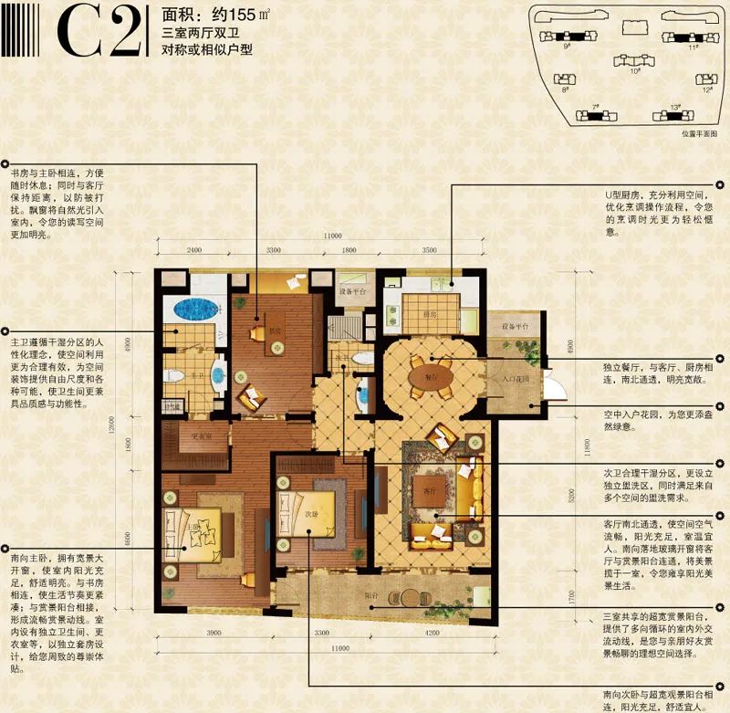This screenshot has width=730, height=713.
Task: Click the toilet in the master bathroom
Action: (x=171, y=374)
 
